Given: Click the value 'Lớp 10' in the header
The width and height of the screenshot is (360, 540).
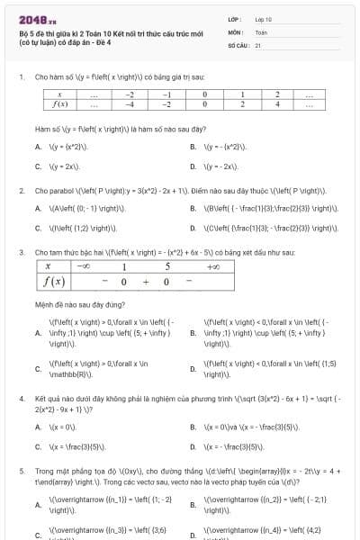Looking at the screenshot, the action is coord(263,18).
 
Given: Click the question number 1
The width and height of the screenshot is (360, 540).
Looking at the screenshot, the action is coord(21,78).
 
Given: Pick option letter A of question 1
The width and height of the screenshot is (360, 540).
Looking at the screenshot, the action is coord(38,147).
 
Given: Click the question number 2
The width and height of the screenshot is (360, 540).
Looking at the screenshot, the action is coord(21,191).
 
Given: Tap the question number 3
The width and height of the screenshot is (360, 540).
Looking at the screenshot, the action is coord(21,253).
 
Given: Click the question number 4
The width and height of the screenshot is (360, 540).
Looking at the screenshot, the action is coord(21,397).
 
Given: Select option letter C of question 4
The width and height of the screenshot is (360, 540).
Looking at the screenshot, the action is coord(38,446).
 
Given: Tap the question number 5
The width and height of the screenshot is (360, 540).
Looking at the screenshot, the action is coord(21,470).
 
